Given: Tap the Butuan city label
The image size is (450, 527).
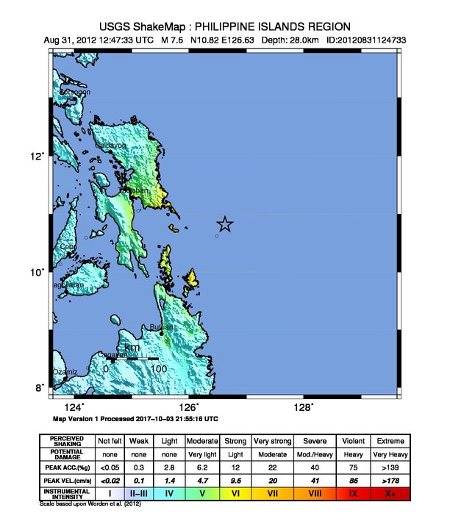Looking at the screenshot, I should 162,327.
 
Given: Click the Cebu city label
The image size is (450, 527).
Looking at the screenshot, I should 68,247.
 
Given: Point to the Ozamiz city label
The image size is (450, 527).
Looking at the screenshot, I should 65,372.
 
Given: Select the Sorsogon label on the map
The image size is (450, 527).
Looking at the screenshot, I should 75,92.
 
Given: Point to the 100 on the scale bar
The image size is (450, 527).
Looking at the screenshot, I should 157,368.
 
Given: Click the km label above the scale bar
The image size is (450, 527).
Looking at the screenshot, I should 132,348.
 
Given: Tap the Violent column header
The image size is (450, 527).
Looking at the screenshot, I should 353,440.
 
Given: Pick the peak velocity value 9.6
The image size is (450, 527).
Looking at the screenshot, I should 236,480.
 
